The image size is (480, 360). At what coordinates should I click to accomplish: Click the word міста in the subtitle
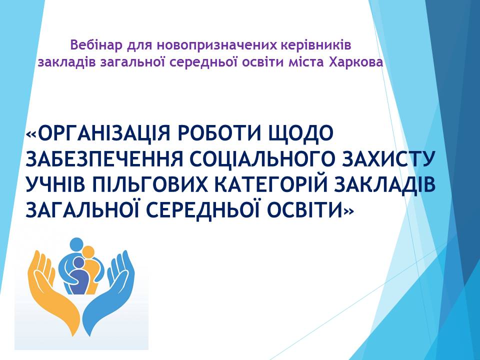(x=306, y=62)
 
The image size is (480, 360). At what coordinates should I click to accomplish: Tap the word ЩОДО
(x=300, y=134)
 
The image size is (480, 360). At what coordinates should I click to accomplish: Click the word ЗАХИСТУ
(x=388, y=159)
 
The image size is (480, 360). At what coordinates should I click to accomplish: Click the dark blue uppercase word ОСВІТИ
(x=306, y=210)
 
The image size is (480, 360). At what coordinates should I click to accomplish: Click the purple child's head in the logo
(x=79, y=263)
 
